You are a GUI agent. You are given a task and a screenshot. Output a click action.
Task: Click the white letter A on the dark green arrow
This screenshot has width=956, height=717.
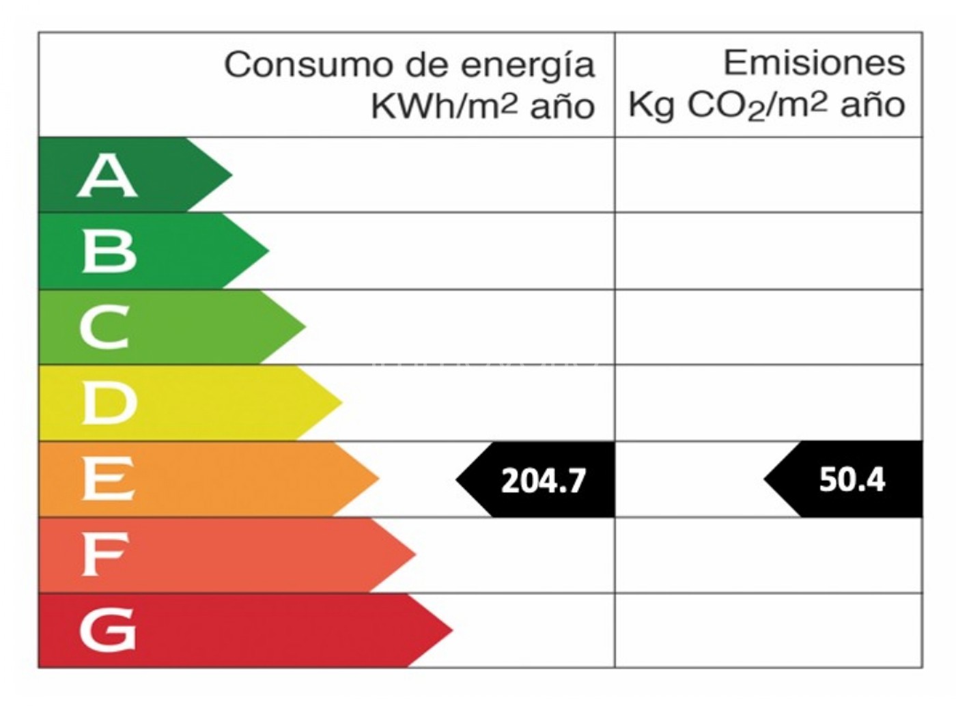(107, 176)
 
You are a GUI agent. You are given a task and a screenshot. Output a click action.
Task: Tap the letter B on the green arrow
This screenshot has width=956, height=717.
(109, 251)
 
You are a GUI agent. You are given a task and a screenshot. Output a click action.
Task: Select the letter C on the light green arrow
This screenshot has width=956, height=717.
(104, 327)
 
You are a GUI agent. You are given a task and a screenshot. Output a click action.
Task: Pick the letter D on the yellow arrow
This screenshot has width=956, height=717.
(109, 403)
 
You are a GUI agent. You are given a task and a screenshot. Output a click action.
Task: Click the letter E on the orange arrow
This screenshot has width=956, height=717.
(107, 479)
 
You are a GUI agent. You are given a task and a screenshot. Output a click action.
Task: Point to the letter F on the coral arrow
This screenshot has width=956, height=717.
(104, 554)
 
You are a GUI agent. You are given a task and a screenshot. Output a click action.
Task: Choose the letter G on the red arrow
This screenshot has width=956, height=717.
(108, 629)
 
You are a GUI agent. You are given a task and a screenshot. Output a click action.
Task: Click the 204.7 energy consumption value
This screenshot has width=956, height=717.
(544, 481)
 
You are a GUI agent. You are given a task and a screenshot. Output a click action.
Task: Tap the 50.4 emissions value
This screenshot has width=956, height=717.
(852, 479)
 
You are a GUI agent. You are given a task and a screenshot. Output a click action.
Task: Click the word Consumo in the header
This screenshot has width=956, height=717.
(311, 66)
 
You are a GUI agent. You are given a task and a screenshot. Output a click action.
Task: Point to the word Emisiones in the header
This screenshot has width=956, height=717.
(814, 64)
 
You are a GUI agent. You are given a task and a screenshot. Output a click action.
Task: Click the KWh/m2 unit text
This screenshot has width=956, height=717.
(445, 107)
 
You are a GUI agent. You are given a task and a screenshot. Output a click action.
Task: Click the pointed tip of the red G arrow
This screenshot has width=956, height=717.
(451, 630)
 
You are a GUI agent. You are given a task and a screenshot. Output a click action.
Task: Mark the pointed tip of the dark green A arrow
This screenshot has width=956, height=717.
(231, 174)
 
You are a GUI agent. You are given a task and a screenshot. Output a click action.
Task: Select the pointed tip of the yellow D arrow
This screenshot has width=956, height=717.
(341, 402)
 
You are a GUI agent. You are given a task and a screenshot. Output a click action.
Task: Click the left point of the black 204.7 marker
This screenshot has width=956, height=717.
(458, 479)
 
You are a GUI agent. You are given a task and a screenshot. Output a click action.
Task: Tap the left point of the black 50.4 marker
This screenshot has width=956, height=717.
(765, 479)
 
